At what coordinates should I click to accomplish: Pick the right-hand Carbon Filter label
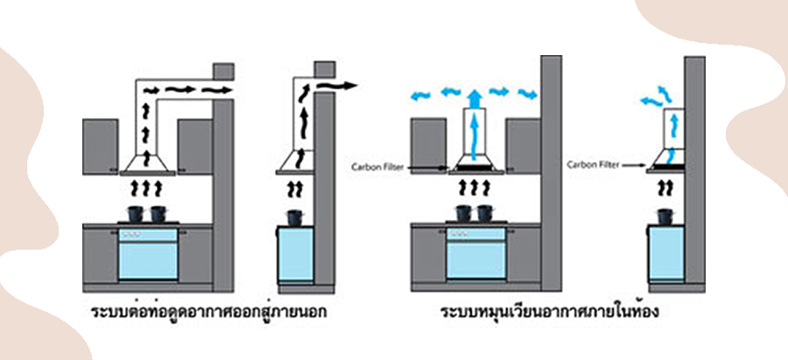(590, 164)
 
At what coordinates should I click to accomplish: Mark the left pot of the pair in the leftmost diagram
(136, 214)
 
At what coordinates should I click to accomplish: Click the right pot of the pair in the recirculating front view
(484, 214)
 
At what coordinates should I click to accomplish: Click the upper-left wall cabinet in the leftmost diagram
(101, 144)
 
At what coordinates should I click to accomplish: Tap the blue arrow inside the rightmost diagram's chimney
(672, 156)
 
